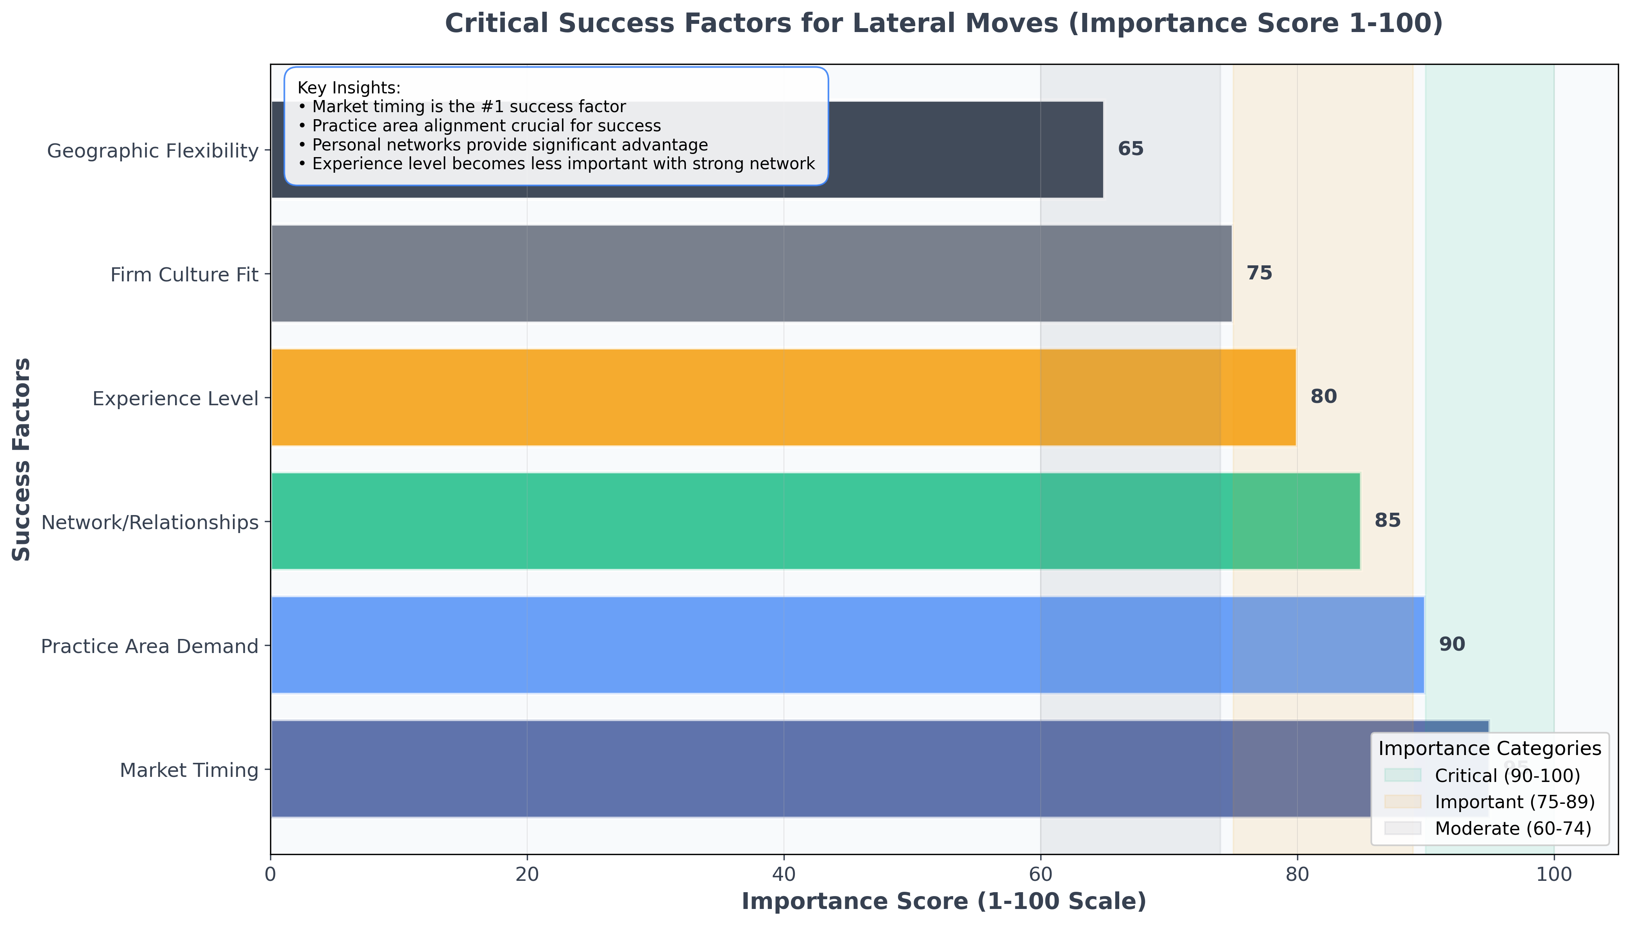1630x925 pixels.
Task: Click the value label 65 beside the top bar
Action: (1130, 149)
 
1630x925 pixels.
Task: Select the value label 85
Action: (1387, 520)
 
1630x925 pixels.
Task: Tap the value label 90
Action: (1451, 644)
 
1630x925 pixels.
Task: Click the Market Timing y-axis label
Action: (189, 770)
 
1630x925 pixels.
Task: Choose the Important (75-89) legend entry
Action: (1514, 802)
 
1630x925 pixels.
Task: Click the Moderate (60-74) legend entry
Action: (1512, 828)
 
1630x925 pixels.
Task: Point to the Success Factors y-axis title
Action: (21, 459)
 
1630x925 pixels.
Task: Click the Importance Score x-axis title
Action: (944, 902)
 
